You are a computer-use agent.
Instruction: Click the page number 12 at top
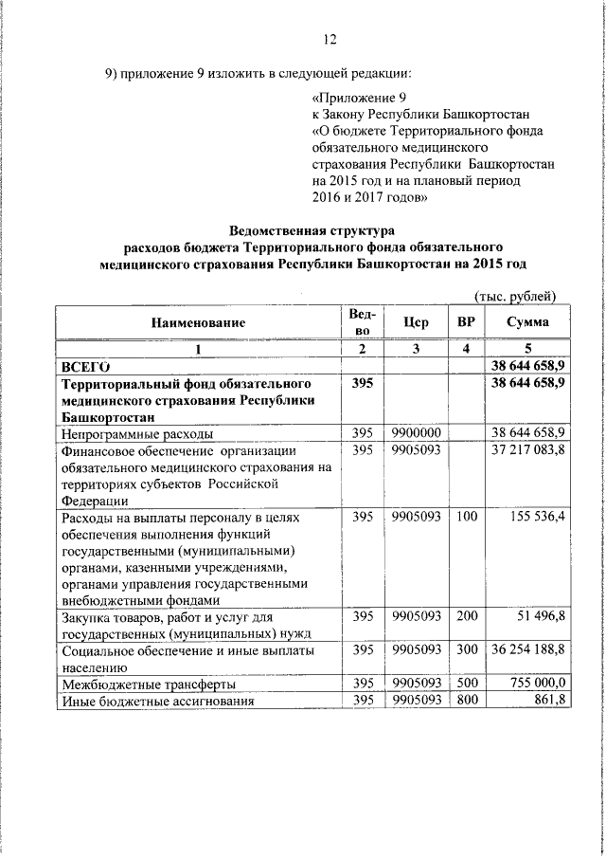330,39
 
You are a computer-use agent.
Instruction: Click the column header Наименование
198,323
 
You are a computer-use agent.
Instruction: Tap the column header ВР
466,322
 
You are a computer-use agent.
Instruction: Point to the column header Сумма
526,322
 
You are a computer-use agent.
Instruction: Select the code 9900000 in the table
417,433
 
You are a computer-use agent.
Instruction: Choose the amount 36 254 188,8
527,651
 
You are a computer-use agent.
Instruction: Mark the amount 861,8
548,701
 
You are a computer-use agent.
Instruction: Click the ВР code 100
466,518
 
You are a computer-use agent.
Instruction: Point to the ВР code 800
466,701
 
